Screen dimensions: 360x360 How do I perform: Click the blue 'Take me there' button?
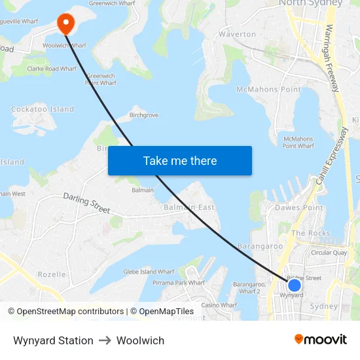click(179, 160)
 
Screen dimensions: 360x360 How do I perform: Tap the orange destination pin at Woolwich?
click(65, 24)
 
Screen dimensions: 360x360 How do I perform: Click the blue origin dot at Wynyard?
click(295, 285)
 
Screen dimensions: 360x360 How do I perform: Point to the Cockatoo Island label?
click(43, 109)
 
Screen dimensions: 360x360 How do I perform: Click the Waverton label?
click(237, 34)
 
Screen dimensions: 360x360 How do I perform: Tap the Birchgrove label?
click(144, 115)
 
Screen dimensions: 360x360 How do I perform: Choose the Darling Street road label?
click(86, 202)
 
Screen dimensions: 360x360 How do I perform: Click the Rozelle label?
click(52, 274)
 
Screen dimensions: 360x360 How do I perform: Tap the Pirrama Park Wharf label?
click(179, 283)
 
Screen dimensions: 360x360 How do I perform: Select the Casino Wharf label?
click(219, 305)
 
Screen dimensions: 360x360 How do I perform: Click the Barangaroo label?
click(260, 246)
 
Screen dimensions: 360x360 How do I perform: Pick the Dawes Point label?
click(298, 208)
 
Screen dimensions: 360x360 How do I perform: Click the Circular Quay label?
click(329, 252)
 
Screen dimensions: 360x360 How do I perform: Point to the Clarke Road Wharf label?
click(52, 67)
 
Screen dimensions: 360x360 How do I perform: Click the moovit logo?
click(320, 340)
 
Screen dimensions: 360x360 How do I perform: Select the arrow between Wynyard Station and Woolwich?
click(105, 340)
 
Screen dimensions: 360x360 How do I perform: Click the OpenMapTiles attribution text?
click(162, 312)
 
